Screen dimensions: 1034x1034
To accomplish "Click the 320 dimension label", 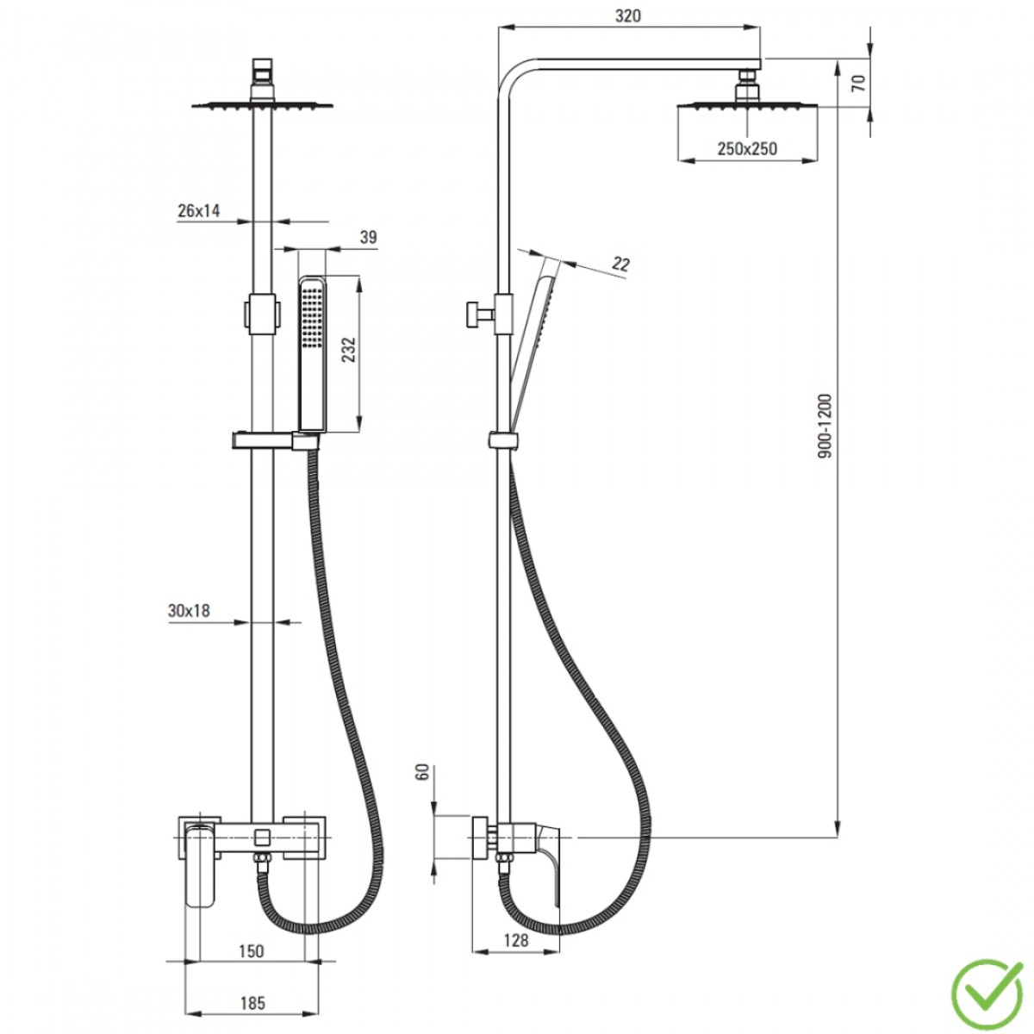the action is (627, 16).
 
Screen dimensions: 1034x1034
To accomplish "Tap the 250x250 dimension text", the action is (747, 148).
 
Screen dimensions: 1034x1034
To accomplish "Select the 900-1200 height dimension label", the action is (825, 427).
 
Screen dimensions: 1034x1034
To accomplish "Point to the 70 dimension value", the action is (859, 84).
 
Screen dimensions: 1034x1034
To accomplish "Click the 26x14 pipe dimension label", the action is (198, 210).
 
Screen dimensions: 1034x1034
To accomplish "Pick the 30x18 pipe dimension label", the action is (189, 611).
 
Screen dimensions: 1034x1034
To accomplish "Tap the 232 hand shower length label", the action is (349, 349).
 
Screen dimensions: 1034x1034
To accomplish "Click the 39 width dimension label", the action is (368, 237).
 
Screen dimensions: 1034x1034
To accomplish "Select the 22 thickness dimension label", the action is (620, 264).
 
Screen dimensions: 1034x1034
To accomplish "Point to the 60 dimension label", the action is (423, 772).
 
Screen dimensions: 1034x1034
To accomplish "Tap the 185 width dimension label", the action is (252, 1003).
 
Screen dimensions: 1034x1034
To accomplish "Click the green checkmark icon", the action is (987, 987).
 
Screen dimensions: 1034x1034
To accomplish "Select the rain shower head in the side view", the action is (747, 104).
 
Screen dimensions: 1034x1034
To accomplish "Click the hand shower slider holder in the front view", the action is (275, 440).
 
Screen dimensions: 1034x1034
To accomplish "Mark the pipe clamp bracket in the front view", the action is (262, 314).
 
